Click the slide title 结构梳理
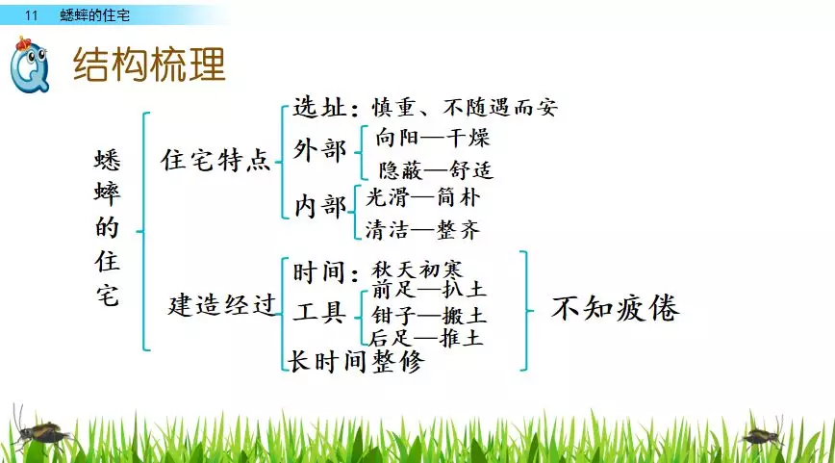tap(150, 64)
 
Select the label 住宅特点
tap(215, 161)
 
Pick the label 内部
tap(319, 206)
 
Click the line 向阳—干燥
tap(433, 138)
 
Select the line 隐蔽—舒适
tap(436, 170)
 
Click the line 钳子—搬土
tap(429, 316)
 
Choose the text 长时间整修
tap(355, 361)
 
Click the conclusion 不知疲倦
tap(615, 309)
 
